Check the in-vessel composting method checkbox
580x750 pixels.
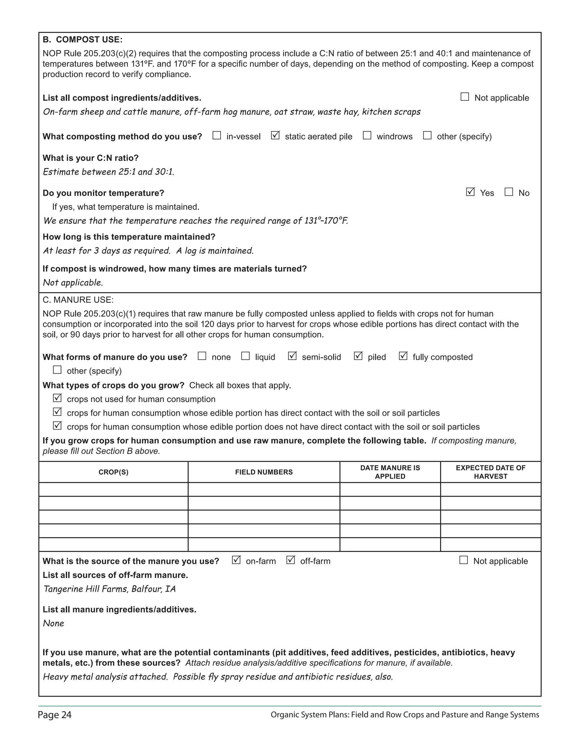coord(216,135)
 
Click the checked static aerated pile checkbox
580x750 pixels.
coord(275,135)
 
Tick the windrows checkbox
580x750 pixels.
coord(367,135)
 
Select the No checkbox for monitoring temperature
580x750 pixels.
coord(509,192)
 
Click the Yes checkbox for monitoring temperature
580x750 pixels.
coord(470,192)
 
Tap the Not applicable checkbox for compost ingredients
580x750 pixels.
coord(464,97)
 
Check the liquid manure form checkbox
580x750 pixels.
coord(245,356)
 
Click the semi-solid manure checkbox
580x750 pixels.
coord(292,356)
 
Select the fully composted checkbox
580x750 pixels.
coord(403,356)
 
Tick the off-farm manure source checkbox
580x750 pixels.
coord(290,560)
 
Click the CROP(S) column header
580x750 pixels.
coord(113,472)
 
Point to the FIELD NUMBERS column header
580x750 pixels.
coord(264,472)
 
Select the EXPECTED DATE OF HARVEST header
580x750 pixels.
coord(490,472)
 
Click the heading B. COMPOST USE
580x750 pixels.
coord(82,40)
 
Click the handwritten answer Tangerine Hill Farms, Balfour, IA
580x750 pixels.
coord(109,589)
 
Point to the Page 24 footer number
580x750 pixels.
coord(55,715)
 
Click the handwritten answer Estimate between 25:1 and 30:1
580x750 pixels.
coord(108,172)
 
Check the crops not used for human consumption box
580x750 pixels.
coord(57,398)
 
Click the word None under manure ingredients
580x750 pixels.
coord(54,623)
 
